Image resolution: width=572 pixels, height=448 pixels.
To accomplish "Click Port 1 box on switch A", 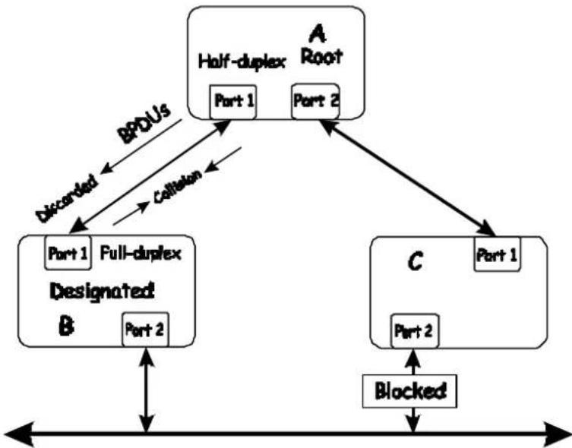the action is coord(233,102).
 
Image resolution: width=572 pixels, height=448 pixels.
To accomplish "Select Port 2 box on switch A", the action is coord(315,101).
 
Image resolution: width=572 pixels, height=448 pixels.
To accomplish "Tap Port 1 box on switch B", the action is coord(68,253).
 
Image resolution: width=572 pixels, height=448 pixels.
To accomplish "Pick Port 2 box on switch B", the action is coord(145,330).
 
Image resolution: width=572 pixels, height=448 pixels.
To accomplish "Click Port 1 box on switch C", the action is coord(498,254).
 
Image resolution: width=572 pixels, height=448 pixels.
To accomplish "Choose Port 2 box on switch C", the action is coord(415,331).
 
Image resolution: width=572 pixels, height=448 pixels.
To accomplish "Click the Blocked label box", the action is coord(409,391).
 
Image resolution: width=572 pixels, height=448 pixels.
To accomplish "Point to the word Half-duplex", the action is coord(242,62).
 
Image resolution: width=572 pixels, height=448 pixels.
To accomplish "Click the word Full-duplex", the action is coord(141,254).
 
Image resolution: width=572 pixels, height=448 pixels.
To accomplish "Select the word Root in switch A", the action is coord(322,57).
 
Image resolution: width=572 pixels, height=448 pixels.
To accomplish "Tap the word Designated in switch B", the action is coord(102,292).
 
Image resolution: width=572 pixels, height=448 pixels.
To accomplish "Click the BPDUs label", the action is coord(144,125).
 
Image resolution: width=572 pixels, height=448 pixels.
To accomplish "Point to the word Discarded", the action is coord(68,199).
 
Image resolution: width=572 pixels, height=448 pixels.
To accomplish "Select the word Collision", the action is coord(178,186).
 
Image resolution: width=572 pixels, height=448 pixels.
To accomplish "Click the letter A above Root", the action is coord(318,35).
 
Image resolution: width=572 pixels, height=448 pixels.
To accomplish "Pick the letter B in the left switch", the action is coord(66,326).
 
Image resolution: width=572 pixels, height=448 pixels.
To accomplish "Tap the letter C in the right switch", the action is coord(416,261).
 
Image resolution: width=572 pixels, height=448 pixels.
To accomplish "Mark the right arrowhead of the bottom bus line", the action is coord(556,434).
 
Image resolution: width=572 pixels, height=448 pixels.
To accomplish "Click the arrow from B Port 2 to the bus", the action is coord(147,390).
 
